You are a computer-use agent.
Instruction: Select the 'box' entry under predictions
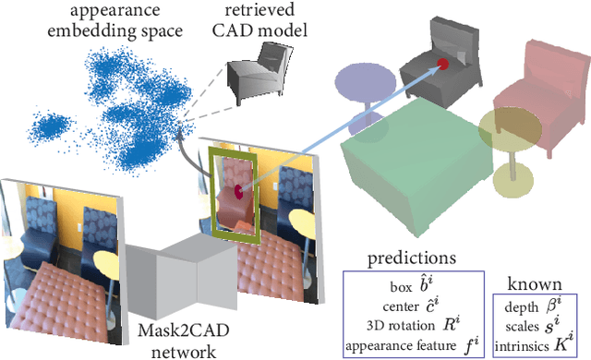pos(412,282)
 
